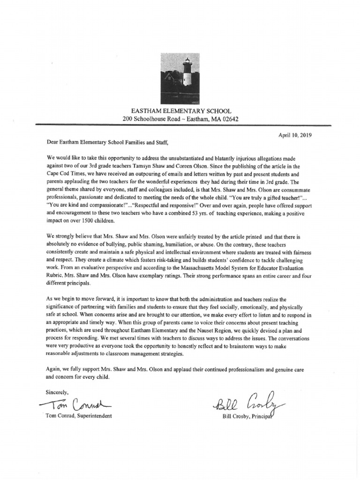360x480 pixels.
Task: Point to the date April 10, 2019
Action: point(295,135)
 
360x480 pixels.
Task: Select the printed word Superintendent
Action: point(95,416)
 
